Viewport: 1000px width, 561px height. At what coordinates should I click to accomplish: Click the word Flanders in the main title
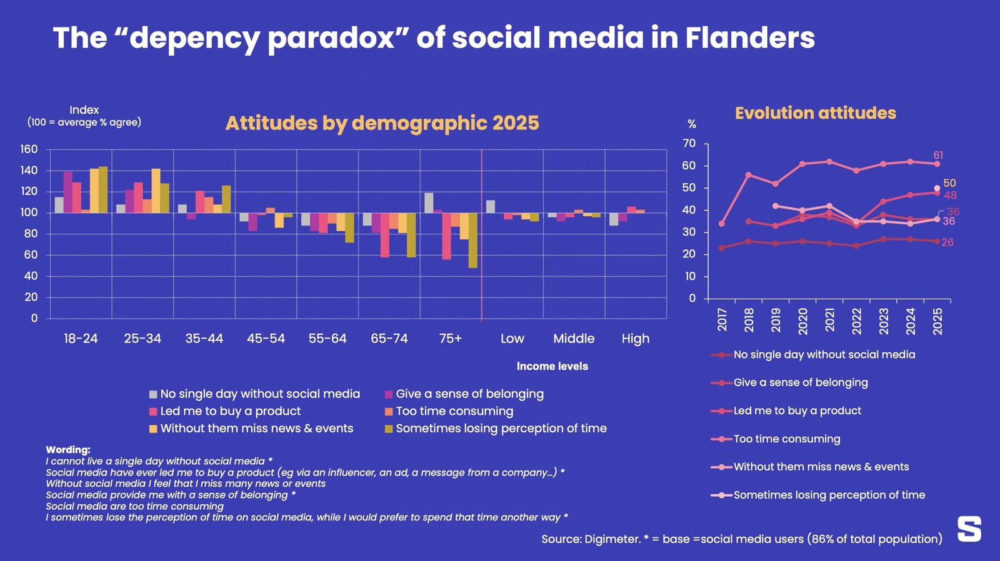(749, 37)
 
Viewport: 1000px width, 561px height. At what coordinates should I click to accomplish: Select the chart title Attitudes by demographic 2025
(382, 123)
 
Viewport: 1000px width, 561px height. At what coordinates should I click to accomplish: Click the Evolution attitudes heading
(815, 113)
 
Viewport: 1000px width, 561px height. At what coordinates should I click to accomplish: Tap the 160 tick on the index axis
(29, 149)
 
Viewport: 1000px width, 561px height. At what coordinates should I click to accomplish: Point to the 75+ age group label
(450, 339)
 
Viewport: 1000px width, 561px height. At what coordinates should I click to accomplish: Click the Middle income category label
(573, 339)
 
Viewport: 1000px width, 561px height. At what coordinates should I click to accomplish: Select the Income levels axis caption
(552, 366)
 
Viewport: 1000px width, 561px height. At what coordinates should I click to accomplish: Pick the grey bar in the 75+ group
(429, 202)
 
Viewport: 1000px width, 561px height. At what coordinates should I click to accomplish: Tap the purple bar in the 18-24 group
(67, 192)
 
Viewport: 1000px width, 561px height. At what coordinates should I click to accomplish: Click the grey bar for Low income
(491, 207)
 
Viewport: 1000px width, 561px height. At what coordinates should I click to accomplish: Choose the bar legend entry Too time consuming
(454, 411)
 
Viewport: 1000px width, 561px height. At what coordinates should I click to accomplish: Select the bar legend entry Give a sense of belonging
(469, 394)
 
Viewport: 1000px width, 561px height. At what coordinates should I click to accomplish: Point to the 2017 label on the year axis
(722, 319)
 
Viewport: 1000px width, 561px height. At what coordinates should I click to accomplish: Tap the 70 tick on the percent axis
(689, 144)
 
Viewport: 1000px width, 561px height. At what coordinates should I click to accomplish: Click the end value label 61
(938, 155)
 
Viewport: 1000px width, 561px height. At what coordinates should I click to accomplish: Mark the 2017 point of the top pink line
(722, 224)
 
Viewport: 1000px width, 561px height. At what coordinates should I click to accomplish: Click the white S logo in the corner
(969, 529)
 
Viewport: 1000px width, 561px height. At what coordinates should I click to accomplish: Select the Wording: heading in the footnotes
(67, 450)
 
